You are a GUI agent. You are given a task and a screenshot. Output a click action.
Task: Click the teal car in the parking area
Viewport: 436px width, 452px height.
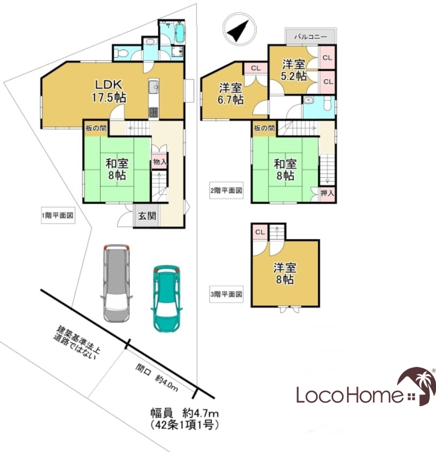point(166,298)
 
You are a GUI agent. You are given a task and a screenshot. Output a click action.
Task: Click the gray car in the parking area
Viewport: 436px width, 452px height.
point(117,283)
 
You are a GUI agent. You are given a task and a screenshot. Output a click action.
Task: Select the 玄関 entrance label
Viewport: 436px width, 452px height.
point(147,215)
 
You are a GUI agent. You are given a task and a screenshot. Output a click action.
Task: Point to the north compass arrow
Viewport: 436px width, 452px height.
point(239,30)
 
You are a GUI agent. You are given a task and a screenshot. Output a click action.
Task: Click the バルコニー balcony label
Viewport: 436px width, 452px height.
point(311,37)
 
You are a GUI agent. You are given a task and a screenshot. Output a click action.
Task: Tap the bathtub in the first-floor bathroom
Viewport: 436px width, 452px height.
point(180,33)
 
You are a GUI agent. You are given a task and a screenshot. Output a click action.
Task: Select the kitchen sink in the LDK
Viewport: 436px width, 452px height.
point(154,86)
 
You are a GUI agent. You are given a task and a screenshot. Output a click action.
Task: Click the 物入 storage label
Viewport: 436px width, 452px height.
point(159,162)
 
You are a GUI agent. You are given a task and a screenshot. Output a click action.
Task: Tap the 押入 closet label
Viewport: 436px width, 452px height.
point(327,193)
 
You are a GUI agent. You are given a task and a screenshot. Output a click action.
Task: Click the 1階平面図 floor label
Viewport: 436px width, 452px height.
point(58,215)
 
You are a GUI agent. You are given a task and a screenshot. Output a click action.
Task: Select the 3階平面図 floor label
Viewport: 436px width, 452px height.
point(227,294)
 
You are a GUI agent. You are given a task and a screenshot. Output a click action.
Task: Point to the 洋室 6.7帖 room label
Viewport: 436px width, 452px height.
point(230,94)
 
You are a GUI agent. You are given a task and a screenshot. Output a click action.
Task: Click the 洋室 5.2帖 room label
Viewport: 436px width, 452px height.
point(294,70)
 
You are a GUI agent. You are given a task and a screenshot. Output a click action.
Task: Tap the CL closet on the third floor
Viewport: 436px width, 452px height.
point(260,232)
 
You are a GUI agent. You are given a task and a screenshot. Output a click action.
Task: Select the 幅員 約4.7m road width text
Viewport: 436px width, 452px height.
point(185,414)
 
